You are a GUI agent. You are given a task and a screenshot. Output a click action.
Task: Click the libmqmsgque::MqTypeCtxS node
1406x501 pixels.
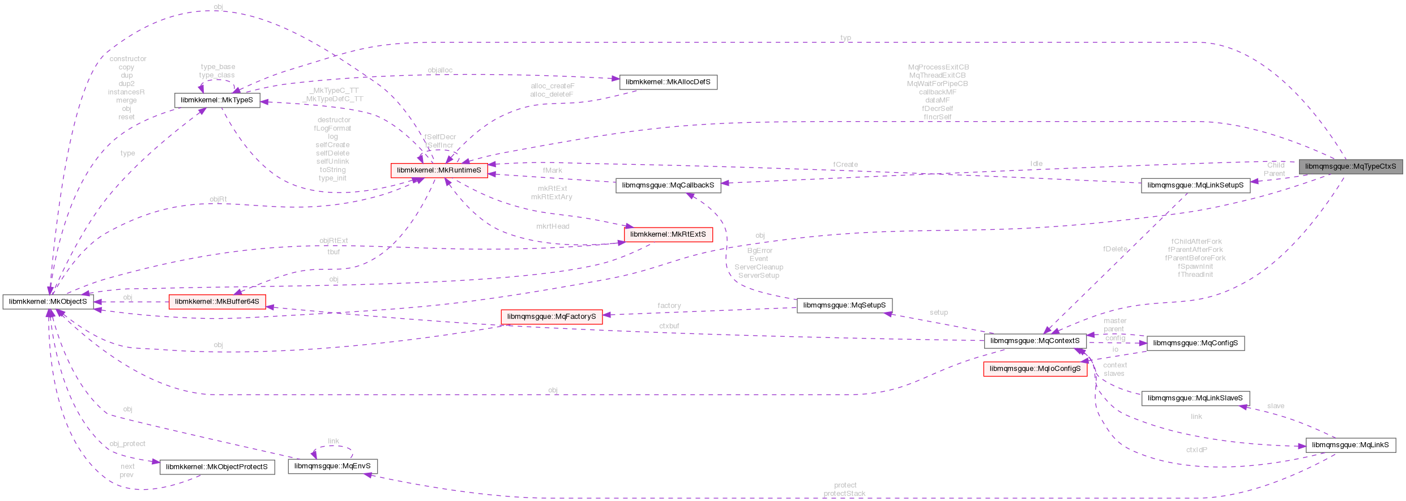point(1350,166)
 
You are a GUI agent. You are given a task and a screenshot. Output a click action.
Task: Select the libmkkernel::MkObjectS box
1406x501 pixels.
point(48,302)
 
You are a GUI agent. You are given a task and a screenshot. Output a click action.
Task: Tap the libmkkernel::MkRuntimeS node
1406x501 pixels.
point(439,170)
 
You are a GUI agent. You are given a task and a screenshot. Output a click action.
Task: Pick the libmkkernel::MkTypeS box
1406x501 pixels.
point(217,100)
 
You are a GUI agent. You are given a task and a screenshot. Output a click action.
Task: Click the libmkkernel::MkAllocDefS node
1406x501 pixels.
point(668,82)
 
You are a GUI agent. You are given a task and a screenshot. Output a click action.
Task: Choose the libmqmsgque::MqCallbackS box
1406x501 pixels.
point(668,185)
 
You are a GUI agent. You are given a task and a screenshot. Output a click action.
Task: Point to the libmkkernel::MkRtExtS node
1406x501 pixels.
point(668,234)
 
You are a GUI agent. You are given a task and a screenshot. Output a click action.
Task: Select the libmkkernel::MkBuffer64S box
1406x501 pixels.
point(217,302)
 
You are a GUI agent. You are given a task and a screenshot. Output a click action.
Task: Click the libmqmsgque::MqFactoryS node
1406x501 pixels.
point(552,316)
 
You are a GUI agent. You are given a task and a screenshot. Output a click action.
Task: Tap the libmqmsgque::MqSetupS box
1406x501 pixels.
point(844,305)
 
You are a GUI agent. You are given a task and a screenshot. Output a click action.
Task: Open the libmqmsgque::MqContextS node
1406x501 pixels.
point(1035,341)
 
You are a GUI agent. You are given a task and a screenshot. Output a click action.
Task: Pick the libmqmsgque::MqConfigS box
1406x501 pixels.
point(1195,343)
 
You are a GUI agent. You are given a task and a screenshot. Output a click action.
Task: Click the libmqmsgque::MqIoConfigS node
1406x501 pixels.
point(1035,369)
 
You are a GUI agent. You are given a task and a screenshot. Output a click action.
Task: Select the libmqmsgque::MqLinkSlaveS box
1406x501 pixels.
point(1195,398)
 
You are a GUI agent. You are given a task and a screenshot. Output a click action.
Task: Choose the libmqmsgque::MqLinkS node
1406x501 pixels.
point(1351,445)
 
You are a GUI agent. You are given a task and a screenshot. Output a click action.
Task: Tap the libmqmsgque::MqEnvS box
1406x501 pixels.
point(332,466)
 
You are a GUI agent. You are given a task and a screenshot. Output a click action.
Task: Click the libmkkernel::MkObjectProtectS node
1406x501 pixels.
point(217,467)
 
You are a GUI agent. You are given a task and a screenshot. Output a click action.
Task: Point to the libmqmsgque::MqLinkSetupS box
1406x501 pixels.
point(1195,185)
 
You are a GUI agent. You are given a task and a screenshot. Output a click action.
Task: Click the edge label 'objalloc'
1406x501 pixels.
point(440,70)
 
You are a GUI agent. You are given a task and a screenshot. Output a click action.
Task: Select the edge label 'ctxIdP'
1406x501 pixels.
point(1196,450)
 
